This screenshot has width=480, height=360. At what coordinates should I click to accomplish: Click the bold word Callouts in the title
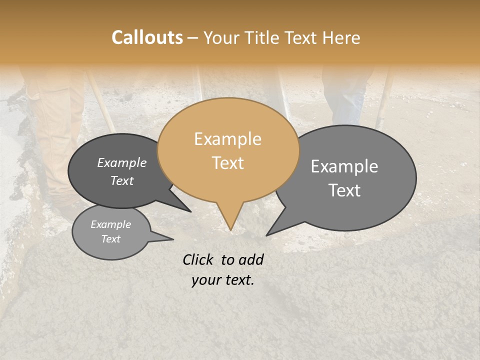click(147, 37)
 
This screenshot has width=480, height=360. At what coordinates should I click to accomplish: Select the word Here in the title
click(340, 37)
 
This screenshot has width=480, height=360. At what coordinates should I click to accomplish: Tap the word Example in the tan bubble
click(227, 139)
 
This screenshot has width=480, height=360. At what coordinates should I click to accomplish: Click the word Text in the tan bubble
click(227, 163)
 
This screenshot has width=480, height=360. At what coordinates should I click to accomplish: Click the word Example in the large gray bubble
click(344, 166)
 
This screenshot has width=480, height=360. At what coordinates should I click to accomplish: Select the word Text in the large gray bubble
click(344, 190)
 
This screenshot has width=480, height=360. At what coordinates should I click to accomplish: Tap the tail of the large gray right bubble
click(272, 231)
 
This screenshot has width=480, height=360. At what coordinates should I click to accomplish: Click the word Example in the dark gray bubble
click(121, 162)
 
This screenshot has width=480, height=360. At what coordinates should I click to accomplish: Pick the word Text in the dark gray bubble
click(121, 180)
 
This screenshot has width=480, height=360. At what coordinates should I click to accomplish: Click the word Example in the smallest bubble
click(110, 224)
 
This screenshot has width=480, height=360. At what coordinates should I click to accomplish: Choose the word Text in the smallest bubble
click(110, 239)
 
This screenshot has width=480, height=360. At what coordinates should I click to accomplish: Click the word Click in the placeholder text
click(199, 259)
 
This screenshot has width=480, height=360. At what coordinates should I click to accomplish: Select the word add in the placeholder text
click(251, 259)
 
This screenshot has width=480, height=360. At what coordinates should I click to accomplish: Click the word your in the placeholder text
click(205, 280)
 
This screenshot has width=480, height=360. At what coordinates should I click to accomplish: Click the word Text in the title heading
click(300, 37)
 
